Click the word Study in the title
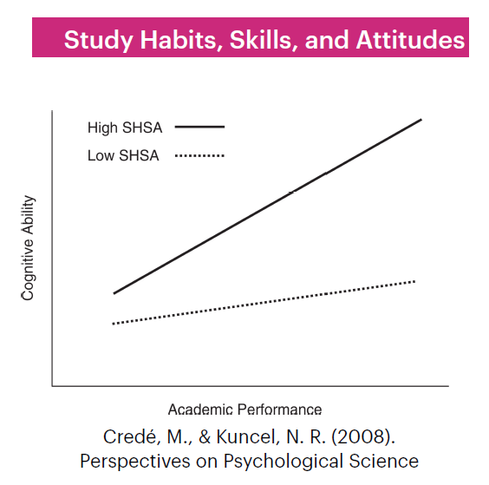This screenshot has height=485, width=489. click(98, 41)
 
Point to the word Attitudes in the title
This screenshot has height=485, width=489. click(410, 40)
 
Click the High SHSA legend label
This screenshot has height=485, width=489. click(125, 128)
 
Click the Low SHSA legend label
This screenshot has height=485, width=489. click(123, 155)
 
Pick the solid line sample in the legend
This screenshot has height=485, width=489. click(199, 127)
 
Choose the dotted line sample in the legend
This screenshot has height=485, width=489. click(199, 155)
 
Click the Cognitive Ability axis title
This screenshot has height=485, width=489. click(28, 248)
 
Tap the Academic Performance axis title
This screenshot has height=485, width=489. click(244, 410)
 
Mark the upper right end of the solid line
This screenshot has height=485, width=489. click(421, 119)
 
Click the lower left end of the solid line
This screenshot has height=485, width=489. click(114, 293)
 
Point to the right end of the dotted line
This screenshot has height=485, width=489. click(414, 282)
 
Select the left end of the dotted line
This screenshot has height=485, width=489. click(113, 324)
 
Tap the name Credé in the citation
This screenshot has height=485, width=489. click(131, 436)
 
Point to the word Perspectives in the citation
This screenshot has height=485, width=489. click(134, 462)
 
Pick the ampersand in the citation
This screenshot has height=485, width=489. click(205, 436)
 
